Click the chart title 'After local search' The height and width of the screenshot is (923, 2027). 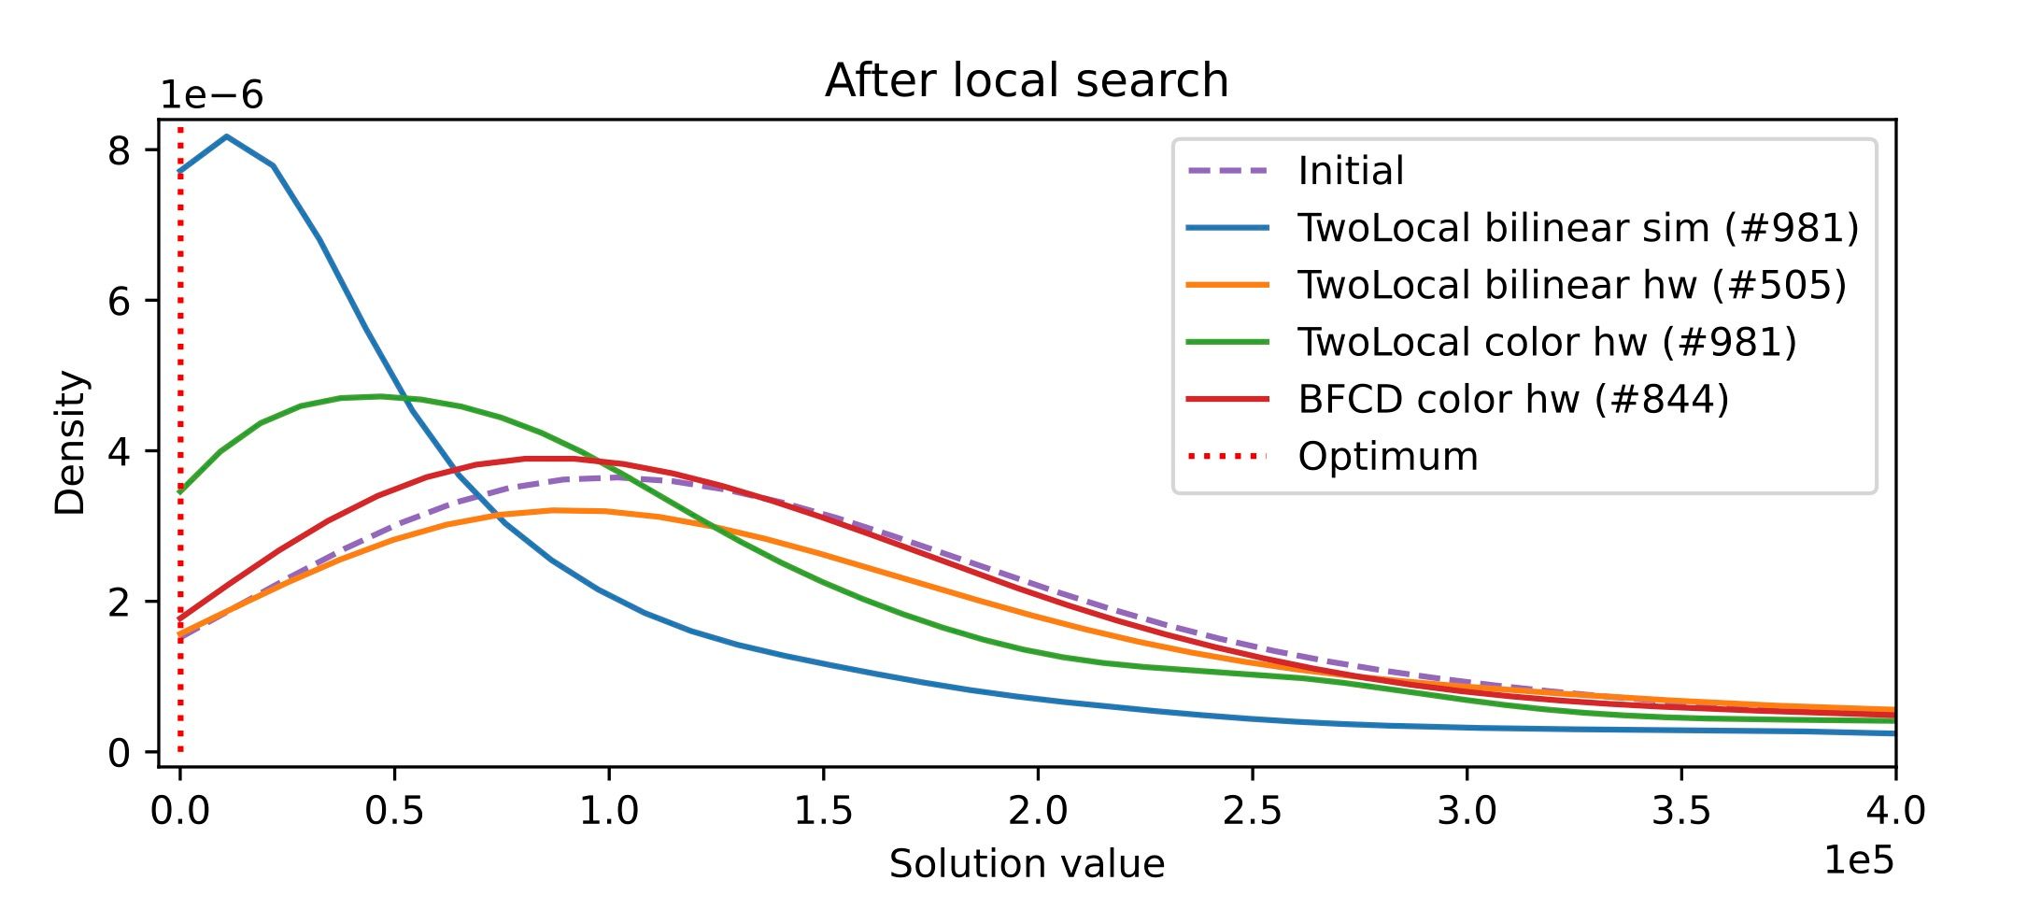coord(1026,80)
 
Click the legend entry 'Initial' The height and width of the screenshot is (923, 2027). coord(1351,171)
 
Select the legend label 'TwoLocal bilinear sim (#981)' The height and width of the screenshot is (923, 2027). coord(1578,228)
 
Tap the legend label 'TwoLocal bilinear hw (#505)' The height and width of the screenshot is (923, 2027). coord(1571,285)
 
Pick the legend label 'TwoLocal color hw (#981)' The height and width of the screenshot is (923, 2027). coord(1547,342)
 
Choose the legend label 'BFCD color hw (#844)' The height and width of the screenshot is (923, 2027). coord(1513,399)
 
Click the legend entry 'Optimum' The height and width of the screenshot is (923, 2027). coord(1388,457)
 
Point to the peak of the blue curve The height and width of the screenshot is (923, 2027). coord(227,137)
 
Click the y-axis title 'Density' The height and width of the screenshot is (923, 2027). coord(70,443)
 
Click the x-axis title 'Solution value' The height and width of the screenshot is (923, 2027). coord(1026,864)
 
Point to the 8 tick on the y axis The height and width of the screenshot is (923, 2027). coord(120,150)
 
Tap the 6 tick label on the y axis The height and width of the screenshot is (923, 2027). coord(120,301)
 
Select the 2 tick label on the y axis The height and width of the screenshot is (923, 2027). coord(120,602)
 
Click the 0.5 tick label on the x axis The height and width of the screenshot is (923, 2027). coord(394,810)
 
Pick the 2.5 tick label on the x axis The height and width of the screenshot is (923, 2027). coord(1252,810)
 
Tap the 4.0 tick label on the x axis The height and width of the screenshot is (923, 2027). coord(1894,810)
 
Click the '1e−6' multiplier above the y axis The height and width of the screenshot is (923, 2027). coord(212,95)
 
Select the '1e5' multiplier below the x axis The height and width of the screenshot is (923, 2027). coord(1859,860)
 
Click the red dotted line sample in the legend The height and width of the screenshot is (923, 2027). coord(1227,457)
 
